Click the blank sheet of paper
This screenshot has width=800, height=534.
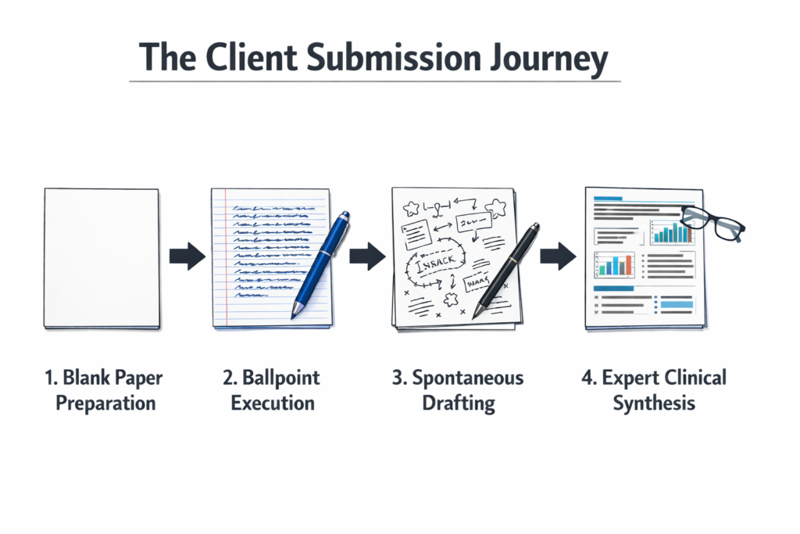pyautogui.click(x=102, y=258)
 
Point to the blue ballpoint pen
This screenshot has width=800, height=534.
pyautogui.click(x=320, y=262)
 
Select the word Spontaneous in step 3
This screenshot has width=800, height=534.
pyautogui.click(x=466, y=378)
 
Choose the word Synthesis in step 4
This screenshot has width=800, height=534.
pyautogui.click(x=654, y=403)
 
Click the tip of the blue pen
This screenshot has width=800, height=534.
pyautogui.click(x=295, y=314)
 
